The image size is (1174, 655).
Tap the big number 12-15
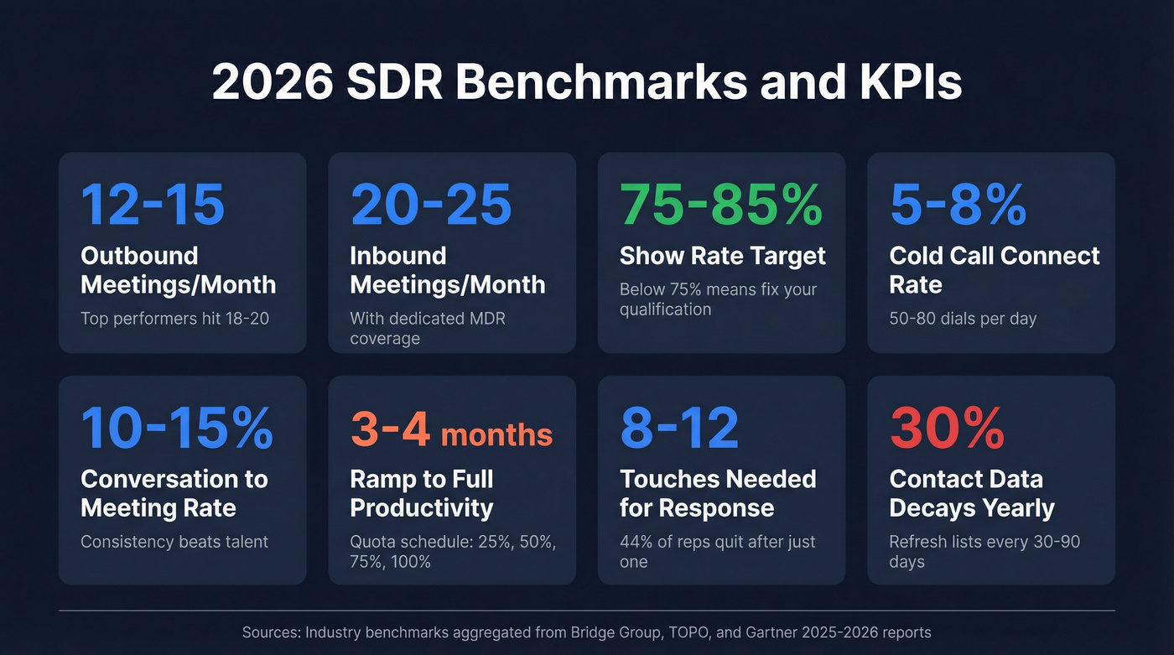click(153, 204)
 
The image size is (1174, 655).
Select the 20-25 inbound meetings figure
click(431, 204)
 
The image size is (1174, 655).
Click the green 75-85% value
click(721, 204)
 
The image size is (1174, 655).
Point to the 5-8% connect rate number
click(958, 204)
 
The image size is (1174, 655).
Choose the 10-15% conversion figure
click(177, 428)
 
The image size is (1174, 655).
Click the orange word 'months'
click(496, 434)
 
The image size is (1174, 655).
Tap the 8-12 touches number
click(679, 428)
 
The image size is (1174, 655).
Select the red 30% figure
click(947, 428)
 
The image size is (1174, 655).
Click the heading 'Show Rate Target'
click(722, 256)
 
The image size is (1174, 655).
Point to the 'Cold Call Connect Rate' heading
click(994, 270)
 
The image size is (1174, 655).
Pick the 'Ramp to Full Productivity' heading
click(422, 493)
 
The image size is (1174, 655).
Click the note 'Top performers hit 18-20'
click(174, 319)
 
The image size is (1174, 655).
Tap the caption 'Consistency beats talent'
click(174, 542)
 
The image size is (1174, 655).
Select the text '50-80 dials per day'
click(963, 319)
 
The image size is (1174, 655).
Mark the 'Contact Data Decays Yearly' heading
click(972, 493)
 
